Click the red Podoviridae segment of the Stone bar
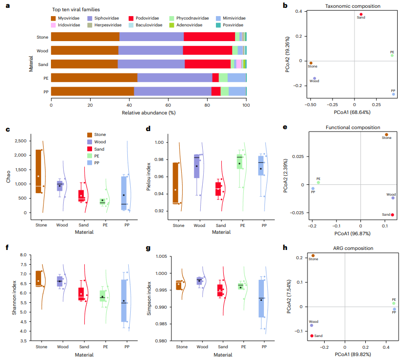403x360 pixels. pos(209,37)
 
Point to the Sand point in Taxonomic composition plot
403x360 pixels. pos(361,14)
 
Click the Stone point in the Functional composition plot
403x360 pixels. pos(386,135)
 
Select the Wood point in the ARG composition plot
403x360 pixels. pos(311,325)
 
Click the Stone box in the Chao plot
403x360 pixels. pos(39,171)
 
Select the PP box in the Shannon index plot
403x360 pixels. pos(124,300)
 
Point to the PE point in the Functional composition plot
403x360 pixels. pos(318,182)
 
